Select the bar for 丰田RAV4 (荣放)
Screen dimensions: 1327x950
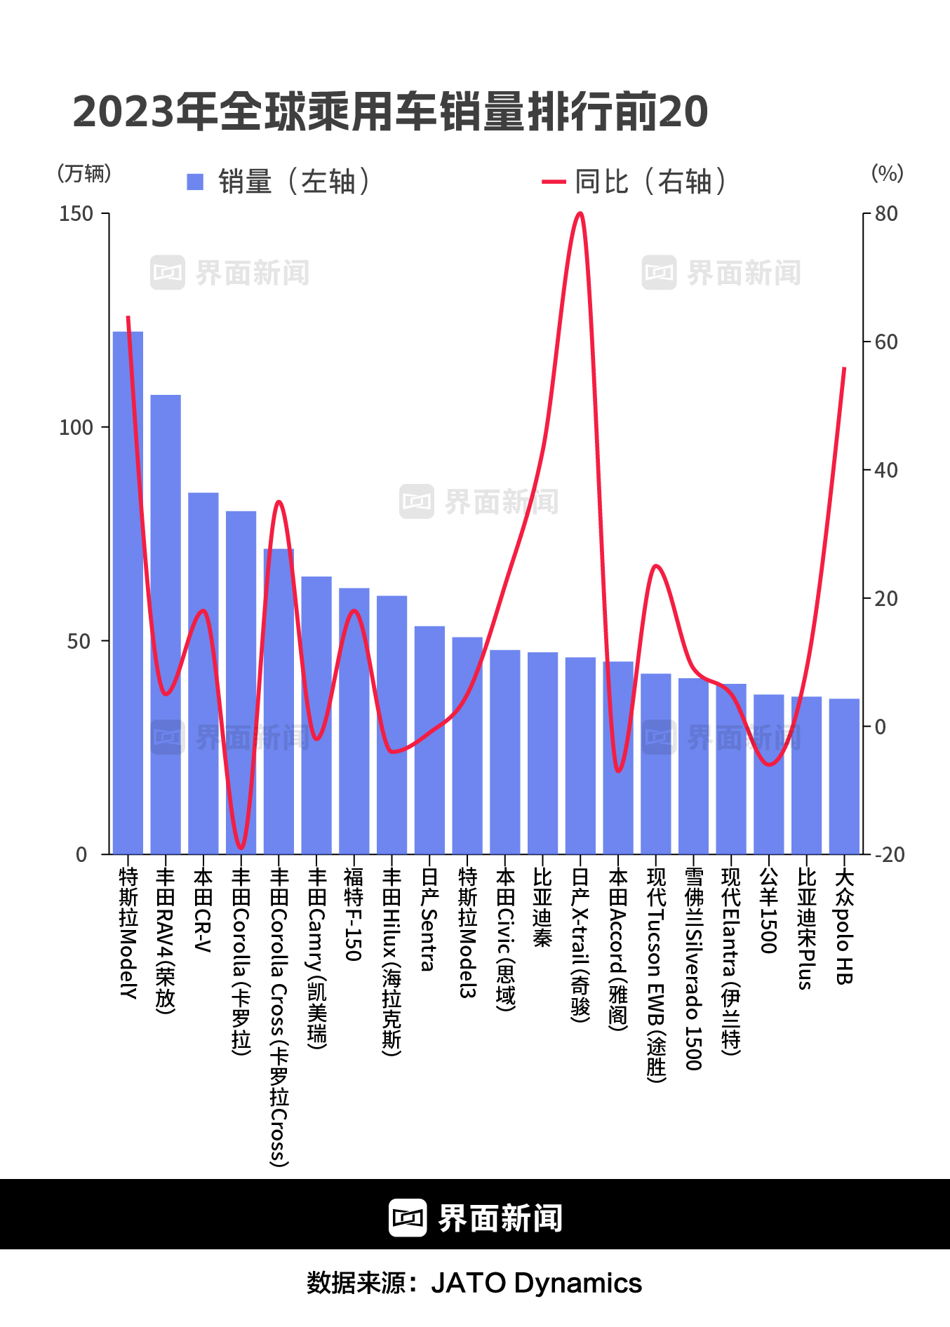point(166,624)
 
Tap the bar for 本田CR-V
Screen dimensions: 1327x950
point(203,673)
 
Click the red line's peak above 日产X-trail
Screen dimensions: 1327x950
point(580,213)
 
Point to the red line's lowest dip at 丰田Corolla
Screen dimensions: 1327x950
point(241,848)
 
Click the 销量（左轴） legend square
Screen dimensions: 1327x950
point(195,182)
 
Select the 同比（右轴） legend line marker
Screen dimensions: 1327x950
point(554,182)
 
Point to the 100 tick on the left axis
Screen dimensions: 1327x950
point(76,427)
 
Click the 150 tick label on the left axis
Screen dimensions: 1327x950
point(76,214)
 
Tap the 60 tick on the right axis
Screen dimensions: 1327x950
point(886,342)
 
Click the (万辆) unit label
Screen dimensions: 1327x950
point(84,173)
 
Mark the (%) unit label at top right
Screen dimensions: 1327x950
point(887,173)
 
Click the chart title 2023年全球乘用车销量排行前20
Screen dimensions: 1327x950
point(390,112)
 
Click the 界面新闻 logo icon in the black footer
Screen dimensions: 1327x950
point(408,1218)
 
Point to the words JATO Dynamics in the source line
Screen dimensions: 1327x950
point(536,1283)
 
